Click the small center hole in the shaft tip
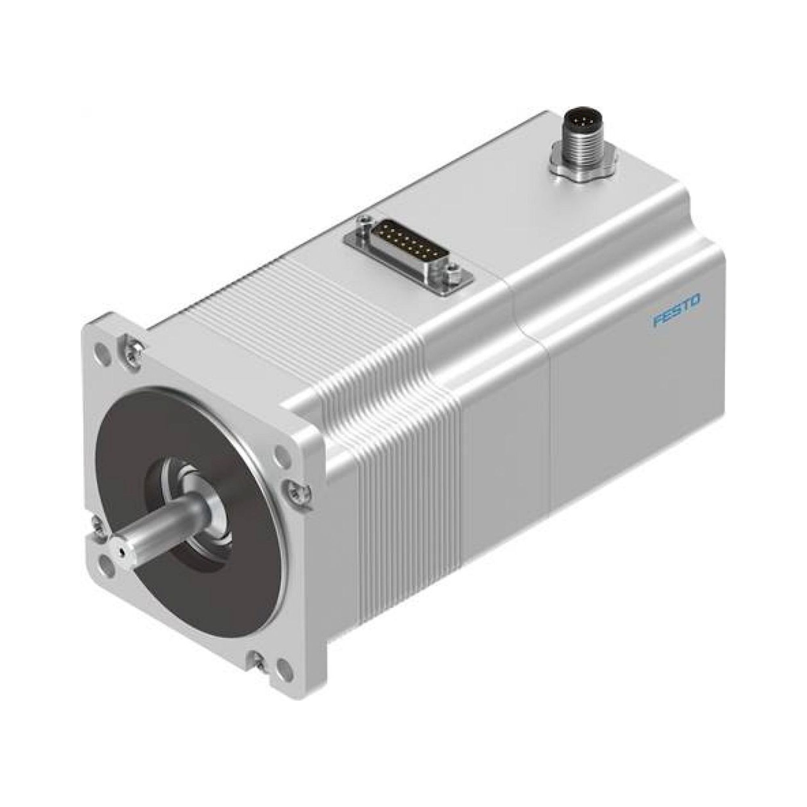click(x=121, y=553)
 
